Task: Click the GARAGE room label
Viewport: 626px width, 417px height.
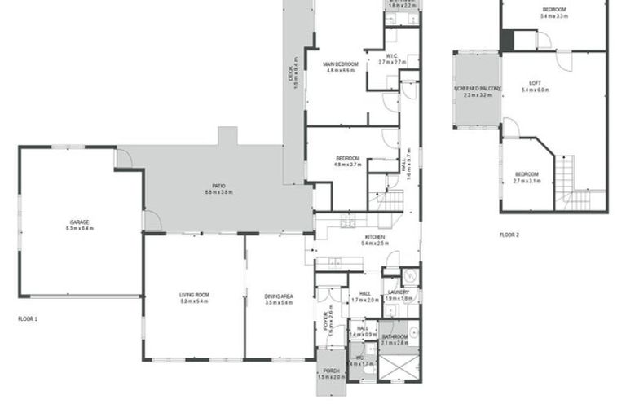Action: point(79,222)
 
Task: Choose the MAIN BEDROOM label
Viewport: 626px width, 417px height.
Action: point(341,64)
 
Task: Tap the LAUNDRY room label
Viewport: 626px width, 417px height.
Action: point(399,292)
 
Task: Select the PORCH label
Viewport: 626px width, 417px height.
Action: point(332,371)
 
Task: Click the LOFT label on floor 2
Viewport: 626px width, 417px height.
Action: point(535,82)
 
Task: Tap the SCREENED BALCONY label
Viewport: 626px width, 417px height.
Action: point(476,88)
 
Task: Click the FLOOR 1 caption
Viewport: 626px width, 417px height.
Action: point(28,318)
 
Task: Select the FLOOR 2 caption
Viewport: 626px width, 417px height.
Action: point(509,235)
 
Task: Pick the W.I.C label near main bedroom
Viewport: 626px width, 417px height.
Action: point(392,55)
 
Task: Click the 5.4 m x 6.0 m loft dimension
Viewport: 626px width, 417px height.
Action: point(536,90)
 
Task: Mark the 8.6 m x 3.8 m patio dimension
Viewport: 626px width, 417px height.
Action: point(218,192)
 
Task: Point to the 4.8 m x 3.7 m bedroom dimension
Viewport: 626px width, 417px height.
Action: point(348,164)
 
